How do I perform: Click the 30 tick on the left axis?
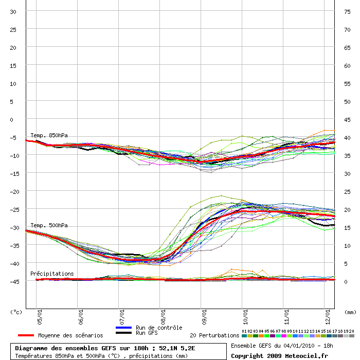coord(13,11)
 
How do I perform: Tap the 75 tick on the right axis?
coord(348,11)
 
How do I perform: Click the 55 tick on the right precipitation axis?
coord(348,83)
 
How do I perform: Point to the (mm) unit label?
coord(350,312)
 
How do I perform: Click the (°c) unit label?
coord(16,312)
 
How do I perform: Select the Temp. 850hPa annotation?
coord(49,135)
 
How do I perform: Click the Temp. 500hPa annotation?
coord(49,225)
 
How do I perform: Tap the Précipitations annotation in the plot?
coord(52,274)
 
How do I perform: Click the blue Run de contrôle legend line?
coord(124,328)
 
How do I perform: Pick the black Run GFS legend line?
coord(124,333)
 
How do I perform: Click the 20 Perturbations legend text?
coord(214,335)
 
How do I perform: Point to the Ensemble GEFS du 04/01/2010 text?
coord(282,346)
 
